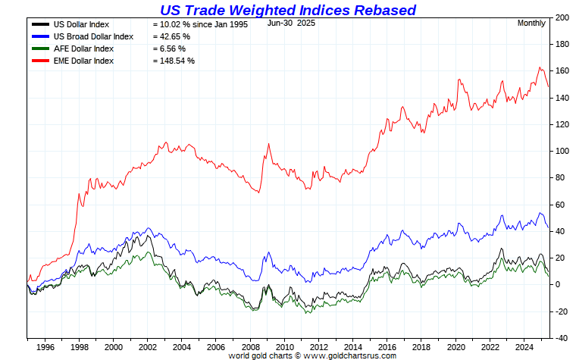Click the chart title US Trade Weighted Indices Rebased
[288, 10]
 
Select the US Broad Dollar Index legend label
[93, 36]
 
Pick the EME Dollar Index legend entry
[83, 61]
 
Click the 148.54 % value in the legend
[174, 61]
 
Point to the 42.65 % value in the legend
[171, 36]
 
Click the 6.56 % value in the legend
[169, 49]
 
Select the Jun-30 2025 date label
[291, 23]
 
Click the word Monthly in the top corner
[531, 23]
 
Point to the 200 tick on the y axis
[562, 17]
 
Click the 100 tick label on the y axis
[562, 151]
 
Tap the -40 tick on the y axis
[562, 338]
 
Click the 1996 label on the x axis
[45, 347]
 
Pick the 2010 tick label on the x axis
[286, 347]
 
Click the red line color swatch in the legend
[39, 61]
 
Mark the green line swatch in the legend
[39, 49]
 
